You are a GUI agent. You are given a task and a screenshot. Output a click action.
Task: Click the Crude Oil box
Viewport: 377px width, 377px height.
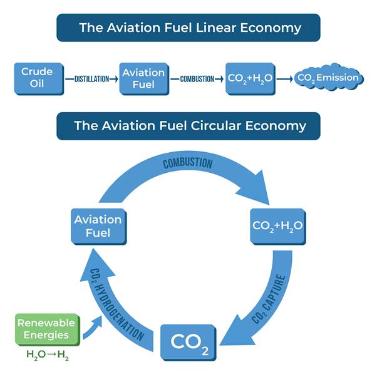tap(37, 78)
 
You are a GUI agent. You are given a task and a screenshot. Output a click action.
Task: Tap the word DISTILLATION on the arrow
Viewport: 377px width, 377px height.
tap(91, 79)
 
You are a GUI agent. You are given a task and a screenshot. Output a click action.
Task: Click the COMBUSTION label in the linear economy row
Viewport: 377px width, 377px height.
tap(197, 79)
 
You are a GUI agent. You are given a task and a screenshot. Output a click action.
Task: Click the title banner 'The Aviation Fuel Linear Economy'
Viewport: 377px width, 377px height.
tap(189, 28)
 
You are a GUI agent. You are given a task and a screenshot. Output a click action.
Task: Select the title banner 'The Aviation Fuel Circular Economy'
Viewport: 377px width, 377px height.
tap(189, 125)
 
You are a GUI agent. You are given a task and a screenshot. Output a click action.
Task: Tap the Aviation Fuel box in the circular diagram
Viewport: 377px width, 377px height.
tap(98, 226)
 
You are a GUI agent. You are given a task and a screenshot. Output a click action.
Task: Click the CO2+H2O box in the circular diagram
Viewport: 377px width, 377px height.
tap(277, 225)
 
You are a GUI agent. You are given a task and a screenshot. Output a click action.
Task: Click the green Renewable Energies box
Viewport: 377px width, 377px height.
tap(46, 329)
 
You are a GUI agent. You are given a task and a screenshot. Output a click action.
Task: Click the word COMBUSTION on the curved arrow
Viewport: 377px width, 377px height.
tap(187, 163)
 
